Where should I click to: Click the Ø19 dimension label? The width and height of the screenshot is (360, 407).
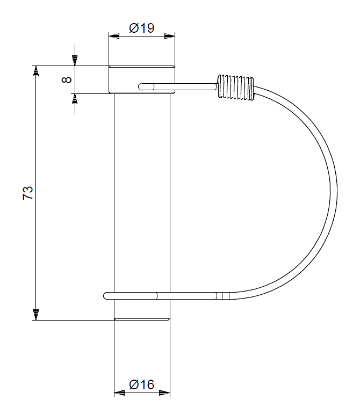[141, 28]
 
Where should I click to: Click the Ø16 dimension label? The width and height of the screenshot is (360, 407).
[141, 384]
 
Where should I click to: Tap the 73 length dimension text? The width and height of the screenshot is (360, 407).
[28, 193]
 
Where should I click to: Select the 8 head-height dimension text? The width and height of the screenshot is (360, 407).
[67, 79]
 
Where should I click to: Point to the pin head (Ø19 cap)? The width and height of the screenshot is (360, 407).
[142, 79]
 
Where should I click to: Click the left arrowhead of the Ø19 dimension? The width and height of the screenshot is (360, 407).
[114, 37]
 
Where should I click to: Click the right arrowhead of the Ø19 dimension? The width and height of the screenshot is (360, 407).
[170, 37]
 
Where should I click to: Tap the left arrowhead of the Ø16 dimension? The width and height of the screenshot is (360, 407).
[119, 393]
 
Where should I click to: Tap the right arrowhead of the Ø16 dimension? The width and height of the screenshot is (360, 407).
[164, 393]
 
